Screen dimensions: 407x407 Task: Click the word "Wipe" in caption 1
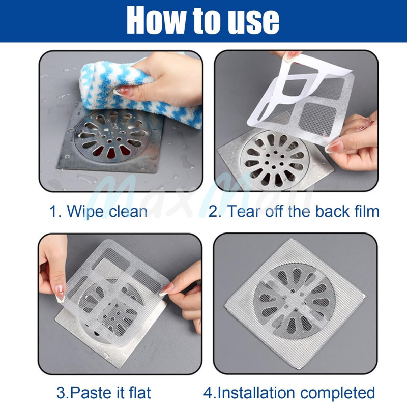point(85,211)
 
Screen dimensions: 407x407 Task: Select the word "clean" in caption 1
point(128,211)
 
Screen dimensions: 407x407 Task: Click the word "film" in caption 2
point(366,211)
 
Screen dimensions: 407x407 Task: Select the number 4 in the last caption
point(208,393)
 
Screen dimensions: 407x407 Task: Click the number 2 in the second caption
point(213,211)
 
